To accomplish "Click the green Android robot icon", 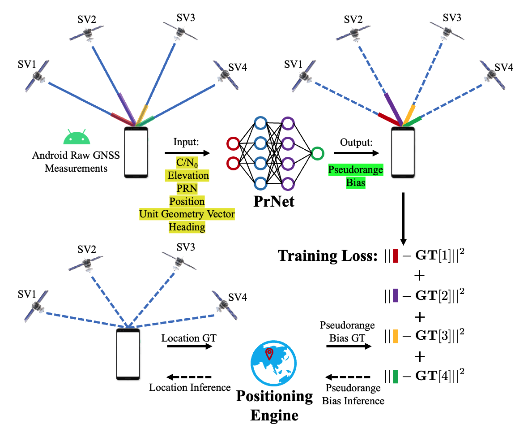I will click(x=74, y=138).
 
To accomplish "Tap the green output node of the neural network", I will click(x=317, y=153).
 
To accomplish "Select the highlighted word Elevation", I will click(x=187, y=175).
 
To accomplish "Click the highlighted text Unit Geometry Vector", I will click(x=187, y=214).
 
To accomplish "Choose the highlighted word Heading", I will click(x=187, y=227).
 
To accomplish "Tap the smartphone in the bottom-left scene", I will click(x=128, y=354).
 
